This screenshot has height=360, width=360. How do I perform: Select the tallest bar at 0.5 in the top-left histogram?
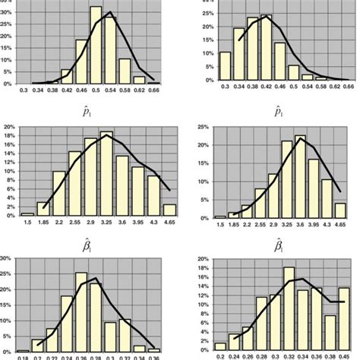tap(96, 46)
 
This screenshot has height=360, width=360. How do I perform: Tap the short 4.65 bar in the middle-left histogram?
tap(169, 210)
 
